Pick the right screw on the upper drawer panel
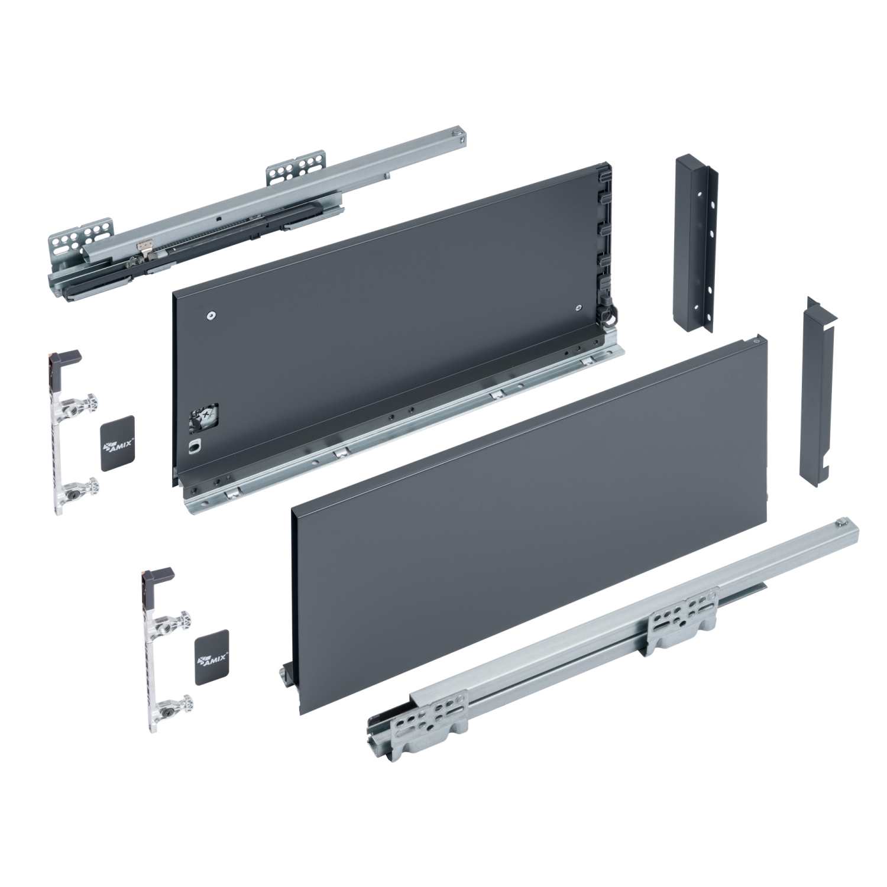577,308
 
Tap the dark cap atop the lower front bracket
159,574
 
